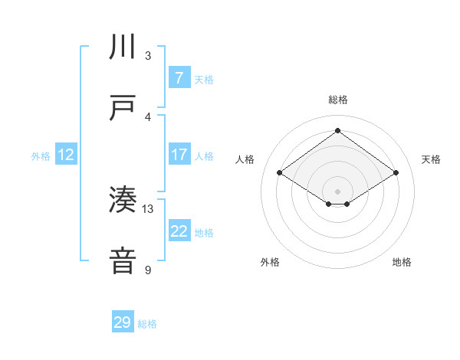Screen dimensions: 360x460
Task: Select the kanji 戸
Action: (x=123, y=108)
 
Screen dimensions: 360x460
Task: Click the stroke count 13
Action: (x=148, y=208)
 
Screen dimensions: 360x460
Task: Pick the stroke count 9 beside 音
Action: (x=148, y=270)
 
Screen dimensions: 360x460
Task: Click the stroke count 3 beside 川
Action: (x=148, y=56)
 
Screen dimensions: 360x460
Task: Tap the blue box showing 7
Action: (x=179, y=78)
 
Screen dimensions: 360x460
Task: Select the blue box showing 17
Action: (x=179, y=155)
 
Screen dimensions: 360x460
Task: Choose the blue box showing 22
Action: (x=179, y=231)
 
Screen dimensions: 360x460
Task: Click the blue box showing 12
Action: (x=66, y=155)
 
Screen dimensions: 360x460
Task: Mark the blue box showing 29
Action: (x=122, y=322)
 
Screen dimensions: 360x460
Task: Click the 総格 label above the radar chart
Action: (x=337, y=100)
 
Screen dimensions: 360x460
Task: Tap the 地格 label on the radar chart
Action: (x=402, y=262)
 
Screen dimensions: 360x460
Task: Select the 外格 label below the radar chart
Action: (x=270, y=262)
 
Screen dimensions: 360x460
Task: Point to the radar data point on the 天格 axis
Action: (x=396, y=173)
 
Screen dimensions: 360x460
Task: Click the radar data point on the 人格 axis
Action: (x=280, y=173)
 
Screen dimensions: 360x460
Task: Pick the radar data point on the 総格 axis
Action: (x=337, y=130)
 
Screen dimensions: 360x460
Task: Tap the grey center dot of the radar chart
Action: (x=337, y=190)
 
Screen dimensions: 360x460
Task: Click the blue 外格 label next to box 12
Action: (x=41, y=155)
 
